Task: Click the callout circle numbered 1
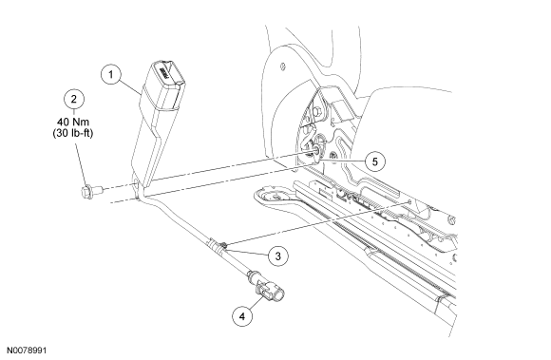111,75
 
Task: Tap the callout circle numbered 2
73,100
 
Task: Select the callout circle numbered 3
278,256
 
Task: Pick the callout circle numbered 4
242,316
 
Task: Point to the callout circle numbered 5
375,161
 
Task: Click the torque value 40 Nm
73,122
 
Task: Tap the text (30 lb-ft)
73,134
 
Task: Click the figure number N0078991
27,351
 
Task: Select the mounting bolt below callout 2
91,191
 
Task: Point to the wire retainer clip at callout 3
222,244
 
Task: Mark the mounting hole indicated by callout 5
315,150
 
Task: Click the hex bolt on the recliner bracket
316,112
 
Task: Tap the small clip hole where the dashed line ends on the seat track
409,201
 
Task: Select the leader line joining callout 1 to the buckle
130,87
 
